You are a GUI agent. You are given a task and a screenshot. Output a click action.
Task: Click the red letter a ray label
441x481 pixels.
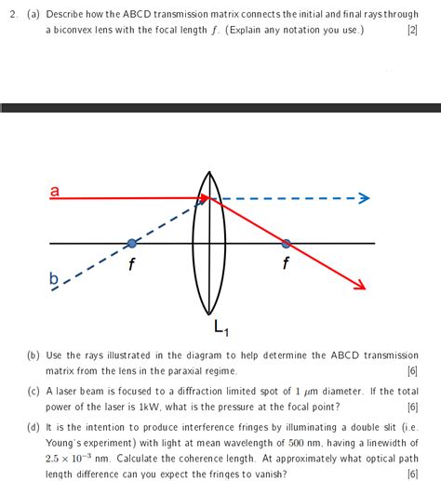pos(55,192)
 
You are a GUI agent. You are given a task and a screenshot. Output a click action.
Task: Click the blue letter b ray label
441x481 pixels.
pos(53,279)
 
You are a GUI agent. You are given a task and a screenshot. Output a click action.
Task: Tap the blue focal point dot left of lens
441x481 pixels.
pos(131,244)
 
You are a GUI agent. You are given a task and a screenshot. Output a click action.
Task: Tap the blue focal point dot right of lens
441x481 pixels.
pos(286,244)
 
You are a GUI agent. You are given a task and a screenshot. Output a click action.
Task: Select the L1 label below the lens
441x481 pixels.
pos(220,327)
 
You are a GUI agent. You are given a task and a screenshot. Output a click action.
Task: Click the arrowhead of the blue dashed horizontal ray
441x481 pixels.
pos(364,198)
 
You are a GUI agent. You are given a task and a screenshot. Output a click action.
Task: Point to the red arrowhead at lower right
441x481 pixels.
pos(357,284)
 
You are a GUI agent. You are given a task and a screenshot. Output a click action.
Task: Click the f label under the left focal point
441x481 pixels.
pos(133,262)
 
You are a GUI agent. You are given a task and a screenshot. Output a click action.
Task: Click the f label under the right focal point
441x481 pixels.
pos(285,262)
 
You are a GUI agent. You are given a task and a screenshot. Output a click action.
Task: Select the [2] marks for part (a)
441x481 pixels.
pos(411,30)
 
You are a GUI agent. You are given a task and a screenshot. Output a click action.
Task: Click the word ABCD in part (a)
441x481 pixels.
pos(140,13)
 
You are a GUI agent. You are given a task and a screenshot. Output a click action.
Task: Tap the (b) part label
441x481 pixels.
pos(33,355)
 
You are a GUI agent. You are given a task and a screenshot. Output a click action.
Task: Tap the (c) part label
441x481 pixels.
pos(33,392)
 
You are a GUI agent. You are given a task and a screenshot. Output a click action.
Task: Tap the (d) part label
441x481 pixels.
pos(33,428)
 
